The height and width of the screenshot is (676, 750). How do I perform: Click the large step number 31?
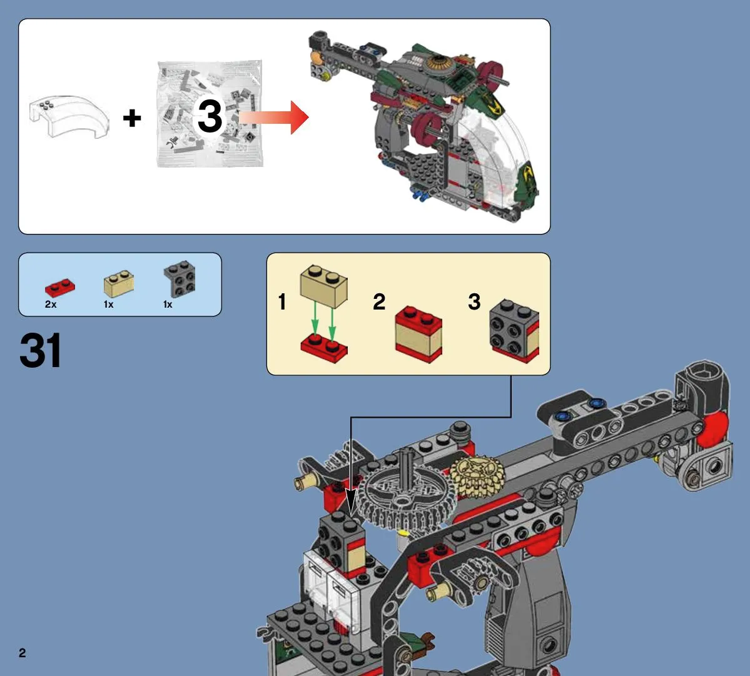(x=41, y=350)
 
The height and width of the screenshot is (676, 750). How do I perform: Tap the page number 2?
(x=23, y=653)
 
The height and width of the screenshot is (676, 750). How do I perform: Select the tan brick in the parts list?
(x=119, y=283)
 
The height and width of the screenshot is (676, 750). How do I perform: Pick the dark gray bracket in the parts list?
(x=180, y=279)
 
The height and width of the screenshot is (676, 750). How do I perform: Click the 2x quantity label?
(x=51, y=305)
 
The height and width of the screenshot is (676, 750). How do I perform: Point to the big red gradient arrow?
(x=273, y=117)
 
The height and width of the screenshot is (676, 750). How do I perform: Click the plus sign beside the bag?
(x=132, y=118)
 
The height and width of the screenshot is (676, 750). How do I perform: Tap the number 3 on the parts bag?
(x=210, y=116)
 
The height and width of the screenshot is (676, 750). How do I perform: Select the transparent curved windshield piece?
(x=69, y=116)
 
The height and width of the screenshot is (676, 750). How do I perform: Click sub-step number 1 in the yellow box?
(x=282, y=301)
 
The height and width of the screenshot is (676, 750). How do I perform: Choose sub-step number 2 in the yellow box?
(x=379, y=301)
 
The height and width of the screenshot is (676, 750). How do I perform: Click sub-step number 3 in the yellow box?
(x=474, y=301)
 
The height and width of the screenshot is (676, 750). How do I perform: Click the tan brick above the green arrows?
(x=324, y=286)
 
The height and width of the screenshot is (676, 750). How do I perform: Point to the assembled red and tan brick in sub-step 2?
(x=418, y=334)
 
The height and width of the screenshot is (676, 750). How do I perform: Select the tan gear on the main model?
(x=477, y=476)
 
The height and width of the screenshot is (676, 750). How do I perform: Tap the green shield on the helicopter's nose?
(x=527, y=182)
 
